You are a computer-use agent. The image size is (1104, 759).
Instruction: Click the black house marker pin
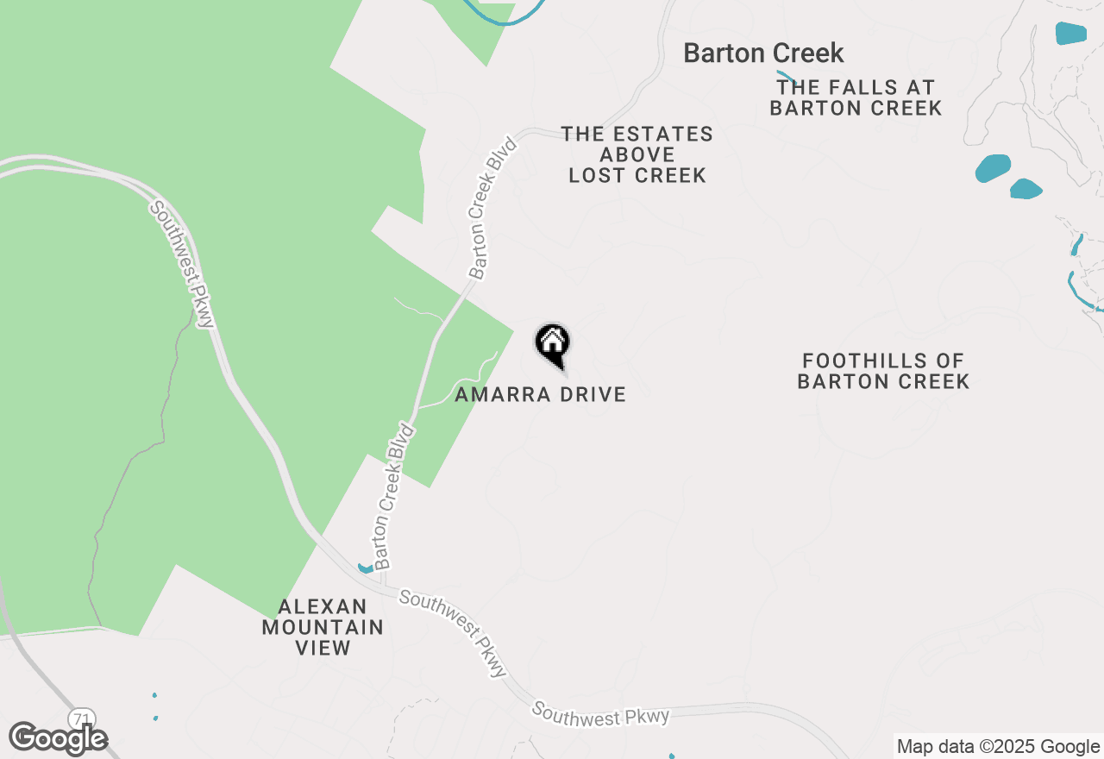pyautogui.click(x=552, y=343)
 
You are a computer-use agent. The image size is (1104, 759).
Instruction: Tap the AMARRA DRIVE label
pyautogui.click(x=540, y=394)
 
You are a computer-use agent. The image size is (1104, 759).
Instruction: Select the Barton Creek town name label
pyautogui.click(x=763, y=53)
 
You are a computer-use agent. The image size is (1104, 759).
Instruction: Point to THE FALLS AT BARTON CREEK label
pyautogui.click(x=856, y=97)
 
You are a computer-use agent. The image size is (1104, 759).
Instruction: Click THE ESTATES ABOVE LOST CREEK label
pyautogui.click(x=637, y=154)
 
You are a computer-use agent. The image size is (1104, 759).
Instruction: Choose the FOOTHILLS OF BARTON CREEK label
pyautogui.click(x=883, y=371)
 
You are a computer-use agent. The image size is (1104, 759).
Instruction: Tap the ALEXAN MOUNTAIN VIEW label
pyautogui.click(x=323, y=627)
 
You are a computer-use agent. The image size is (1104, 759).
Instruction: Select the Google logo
pyautogui.click(x=58, y=738)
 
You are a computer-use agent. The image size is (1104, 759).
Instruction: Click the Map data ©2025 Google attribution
pyautogui.click(x=998, y=747)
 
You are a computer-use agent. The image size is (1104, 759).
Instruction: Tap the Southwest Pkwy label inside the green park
pyautogui.click(x=183, y=264)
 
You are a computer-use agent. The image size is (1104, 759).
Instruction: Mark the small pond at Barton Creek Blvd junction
pyautogui.click(x=366, y=568)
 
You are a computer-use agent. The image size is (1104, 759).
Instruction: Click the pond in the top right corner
pyautogui.click(x=1071, y=34)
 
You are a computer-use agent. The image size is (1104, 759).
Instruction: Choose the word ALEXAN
pyautogui.click(x=323, y=606)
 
